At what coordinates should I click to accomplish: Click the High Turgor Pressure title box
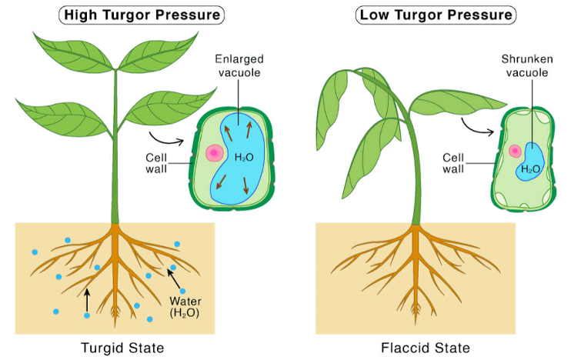click(x=142, y=15)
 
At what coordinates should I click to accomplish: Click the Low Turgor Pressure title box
click(x=436, y=15)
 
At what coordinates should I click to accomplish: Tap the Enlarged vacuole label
click(x=239, y=66)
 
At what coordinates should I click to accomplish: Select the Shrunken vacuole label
click(x=527, y=66)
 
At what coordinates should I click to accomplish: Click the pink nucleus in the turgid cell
click(x=215, y=153)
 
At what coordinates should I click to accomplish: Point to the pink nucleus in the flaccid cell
click(x=516, y=151)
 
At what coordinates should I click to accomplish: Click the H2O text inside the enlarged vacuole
click(x=244, y=158)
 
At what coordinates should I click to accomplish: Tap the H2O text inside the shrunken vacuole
click(x=530, y=169)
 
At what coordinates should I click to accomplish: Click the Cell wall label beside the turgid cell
click(x=156, y=163)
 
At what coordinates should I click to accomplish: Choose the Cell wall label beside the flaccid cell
click(x=453, y=163)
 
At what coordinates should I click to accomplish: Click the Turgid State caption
click(x=122, y=348)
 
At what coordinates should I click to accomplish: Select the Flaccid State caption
click(x=426, y=348)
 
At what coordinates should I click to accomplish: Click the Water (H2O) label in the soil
click(x=185, y=307)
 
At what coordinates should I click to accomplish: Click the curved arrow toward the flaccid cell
click(x=476, y=128)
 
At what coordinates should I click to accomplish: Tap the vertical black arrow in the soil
click(x=87, y=301)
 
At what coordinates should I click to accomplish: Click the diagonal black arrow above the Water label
click(x=174, y=278)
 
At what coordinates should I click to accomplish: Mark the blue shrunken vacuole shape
click(x=530, y=162)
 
